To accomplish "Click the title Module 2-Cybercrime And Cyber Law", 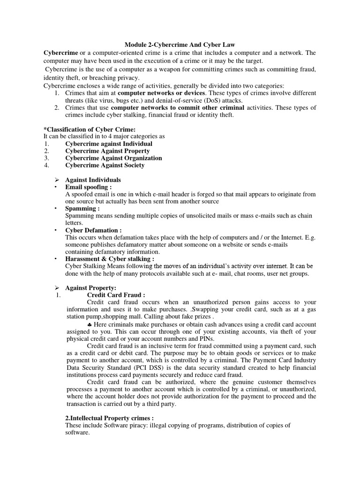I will click(x=180, y=44).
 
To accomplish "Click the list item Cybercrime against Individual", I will click(x=109, y=143).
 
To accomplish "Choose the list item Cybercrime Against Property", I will click(x=107, y=151).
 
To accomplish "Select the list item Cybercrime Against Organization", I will click(x=113, y=158).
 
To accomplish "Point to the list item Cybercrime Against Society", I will click(x=105, y=165).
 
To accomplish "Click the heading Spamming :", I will click(x=82, y=209).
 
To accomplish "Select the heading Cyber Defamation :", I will click(x=94, y=230).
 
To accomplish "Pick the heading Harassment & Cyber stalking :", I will click(x=110, y=259).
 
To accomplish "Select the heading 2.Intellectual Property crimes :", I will click(x=110, y=418).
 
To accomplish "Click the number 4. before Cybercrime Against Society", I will click(x=46, y=165).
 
